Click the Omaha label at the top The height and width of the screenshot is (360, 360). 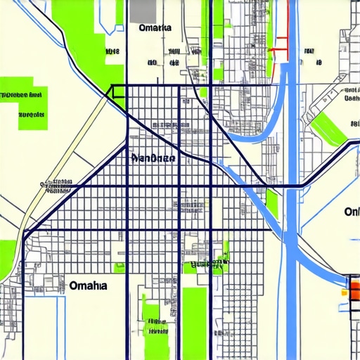pyautogui.click(x=155, y=28)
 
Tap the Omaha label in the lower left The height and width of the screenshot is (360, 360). pyautogui.click(x=89, y=285)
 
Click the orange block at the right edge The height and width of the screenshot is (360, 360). pyautogui.click(x=354, y=288)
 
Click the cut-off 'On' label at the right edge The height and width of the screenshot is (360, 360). pyautogui.click(x=352, y=212)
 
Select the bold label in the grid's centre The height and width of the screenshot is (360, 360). pyautogui.click(x=154, y=158)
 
